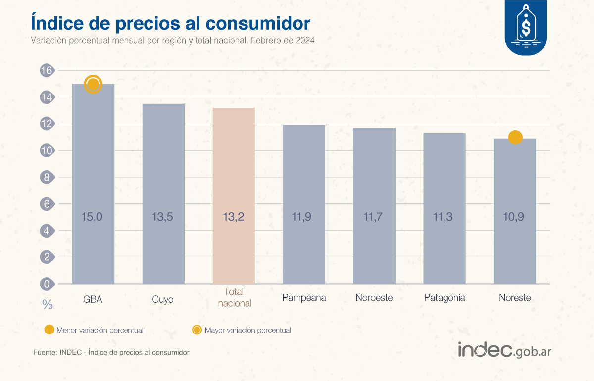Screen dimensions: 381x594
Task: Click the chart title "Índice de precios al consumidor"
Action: tap(170, 23)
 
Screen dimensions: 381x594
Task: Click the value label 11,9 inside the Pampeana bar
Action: tap(304, 216)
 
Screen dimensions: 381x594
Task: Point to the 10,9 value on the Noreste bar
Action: tap(515, 216)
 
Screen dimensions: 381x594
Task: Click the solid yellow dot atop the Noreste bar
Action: tap(515, 138)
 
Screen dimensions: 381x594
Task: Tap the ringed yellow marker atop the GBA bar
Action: tap(93, 84)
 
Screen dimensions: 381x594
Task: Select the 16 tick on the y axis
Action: tap(46, 71)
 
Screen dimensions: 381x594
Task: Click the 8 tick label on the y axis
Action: tap(46, 178)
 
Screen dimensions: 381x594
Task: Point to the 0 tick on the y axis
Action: tap(46, 284)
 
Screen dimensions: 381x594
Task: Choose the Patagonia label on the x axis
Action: tap(445, 298)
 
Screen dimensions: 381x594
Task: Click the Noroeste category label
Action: tap(374, 298)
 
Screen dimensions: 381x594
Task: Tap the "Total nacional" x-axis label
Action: tap(234, 298)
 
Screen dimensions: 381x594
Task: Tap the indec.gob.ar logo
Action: tap(504, 350)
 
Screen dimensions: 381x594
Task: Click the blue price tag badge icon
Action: tap(525, 27)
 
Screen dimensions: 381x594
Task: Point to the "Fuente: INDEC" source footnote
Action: tap(111, 353)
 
